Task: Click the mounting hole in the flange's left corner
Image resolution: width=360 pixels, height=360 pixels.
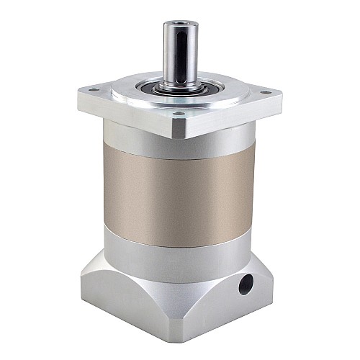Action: click(92, 91)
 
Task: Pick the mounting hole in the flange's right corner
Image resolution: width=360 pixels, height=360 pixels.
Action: click(265, 91)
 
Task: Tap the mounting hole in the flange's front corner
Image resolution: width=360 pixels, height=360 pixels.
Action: click(177, 113)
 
